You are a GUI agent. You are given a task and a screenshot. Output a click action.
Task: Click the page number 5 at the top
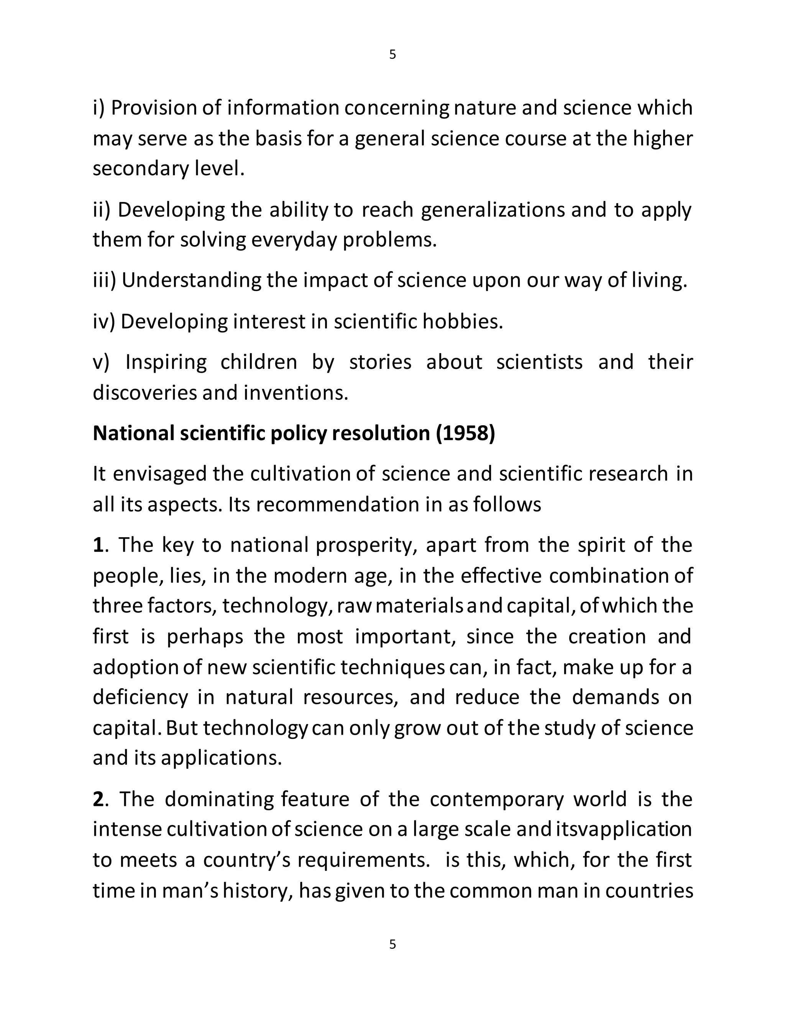click(392, 55)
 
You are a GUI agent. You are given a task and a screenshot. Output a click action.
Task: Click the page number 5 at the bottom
click(392, 944)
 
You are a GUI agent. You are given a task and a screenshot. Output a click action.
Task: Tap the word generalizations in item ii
click(493, 210)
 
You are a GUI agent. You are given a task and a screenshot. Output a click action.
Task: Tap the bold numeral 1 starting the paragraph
click(98, 545)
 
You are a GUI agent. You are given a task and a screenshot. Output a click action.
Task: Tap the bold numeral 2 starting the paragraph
click(98, 800)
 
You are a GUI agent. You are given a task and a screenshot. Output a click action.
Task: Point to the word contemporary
click(496, 800)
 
